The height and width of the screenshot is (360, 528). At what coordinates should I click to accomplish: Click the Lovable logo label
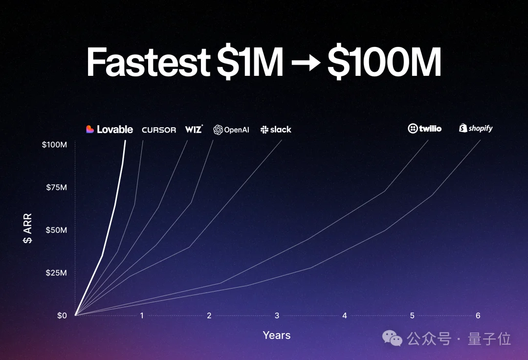110,129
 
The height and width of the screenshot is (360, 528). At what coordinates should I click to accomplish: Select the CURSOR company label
159,130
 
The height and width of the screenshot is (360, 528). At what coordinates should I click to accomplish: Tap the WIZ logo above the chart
194,129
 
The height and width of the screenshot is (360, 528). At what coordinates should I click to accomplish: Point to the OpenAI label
231,130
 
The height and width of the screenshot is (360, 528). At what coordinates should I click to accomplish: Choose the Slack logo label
276,129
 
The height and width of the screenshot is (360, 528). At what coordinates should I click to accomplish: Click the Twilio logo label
425,128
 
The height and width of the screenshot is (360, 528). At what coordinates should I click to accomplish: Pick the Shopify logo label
476,128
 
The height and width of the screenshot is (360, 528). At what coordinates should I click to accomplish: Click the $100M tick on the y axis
54,144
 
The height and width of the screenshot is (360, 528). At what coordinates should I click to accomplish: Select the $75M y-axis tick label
56,187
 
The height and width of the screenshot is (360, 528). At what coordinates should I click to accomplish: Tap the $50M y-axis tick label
56,230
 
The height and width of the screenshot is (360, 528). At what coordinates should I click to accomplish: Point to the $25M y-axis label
56,273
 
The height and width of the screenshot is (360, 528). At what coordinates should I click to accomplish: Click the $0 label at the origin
62,315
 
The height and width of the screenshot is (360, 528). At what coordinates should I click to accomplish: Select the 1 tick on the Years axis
142,315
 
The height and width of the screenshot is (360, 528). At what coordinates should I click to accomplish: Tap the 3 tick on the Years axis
277,315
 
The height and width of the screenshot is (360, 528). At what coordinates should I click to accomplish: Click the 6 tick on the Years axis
478,315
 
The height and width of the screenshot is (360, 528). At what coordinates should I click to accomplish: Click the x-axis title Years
276,335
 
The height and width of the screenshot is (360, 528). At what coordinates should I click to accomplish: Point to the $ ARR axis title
27,228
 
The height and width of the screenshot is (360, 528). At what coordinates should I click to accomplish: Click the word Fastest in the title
149,62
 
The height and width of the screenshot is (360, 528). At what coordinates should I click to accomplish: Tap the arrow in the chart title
306,63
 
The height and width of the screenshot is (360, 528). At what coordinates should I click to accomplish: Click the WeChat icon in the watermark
392,338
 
